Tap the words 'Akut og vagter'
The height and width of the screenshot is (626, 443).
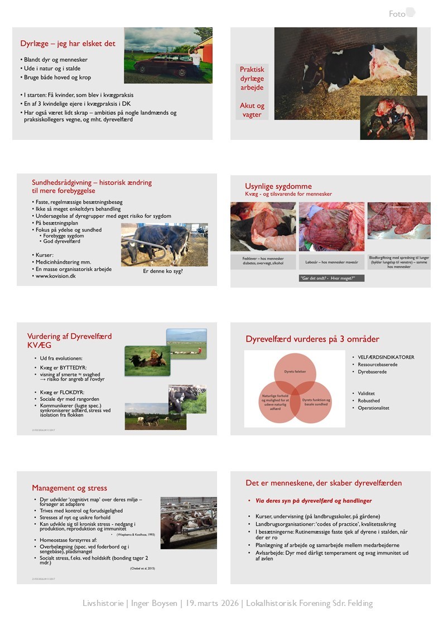coord(252,109)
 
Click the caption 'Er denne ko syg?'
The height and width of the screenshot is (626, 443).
coord(163,271)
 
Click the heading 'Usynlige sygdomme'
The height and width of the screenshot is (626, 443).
coord(278,186)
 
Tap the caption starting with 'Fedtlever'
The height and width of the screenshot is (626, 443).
coord(263,261)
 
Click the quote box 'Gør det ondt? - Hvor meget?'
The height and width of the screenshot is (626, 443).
coord(331,278)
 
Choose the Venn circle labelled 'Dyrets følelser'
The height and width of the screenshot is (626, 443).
coord(295,371)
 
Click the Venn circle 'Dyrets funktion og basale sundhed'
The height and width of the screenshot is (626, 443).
coord(316,401)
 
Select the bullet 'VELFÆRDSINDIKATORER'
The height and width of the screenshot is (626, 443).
coord(386,357)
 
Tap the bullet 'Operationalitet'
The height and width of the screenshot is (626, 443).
coord(373,408)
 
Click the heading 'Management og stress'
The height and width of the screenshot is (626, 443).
coord(69,488)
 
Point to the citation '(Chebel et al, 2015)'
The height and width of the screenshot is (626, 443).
coord(142,568)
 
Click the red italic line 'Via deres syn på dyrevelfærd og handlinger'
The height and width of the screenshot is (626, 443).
coord(310,501)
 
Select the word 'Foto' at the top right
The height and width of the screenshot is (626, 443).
coord(397,14)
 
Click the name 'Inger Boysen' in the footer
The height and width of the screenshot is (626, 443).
coord(153,603)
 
